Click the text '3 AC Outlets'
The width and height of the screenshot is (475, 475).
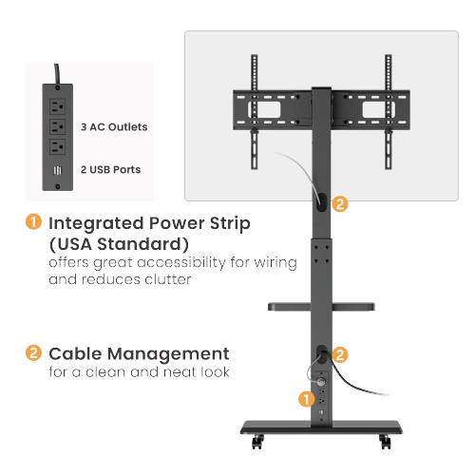pyautogui.click(x=114, y=126)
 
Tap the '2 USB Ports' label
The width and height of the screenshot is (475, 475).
pyautogui.click(x=110, y=170)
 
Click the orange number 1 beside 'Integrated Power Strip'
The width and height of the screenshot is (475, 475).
pyautogui.click(x=33, y=223)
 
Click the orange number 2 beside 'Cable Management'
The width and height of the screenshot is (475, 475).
pyautogui.click(x=33, y=352)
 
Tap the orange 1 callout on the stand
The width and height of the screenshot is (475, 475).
pyautogui.click(x=306, y=399)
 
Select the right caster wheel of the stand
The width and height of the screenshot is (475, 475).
pyautogui.click(x=384, y=442)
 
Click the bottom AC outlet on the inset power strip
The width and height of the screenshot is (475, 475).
pyautogui.click(x=59, y=147)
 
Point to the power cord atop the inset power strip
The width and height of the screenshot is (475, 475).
pyautogui.click(x=59, y=73)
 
